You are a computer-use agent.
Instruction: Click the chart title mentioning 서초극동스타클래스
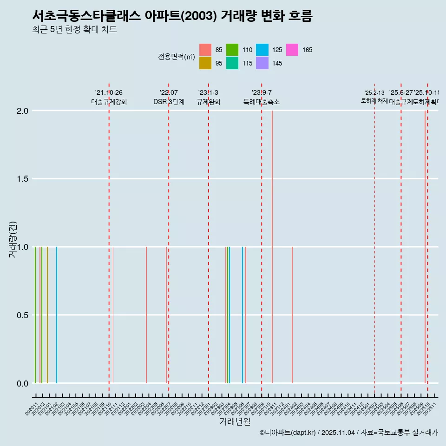pyautogui.click(x=172, y=16)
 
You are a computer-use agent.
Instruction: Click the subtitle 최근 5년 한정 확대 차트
pyautogui.click(x=74, y=30)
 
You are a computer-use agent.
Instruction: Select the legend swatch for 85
pyautogui.click(x=205, y=50)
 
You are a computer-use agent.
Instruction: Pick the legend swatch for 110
pyautogui.click(x=232, y=50)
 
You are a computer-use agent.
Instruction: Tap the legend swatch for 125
pyautogui.click(x=262, y=50)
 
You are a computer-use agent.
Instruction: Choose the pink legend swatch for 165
pyautogui.click(x=292, y=50)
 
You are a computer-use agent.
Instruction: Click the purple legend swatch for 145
pyautogui.click(x=262, y=63)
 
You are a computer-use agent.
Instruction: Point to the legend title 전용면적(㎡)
pyautogui.click(x=177, y=57)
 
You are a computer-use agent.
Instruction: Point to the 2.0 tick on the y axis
pyautogui.click(x=23, y=111)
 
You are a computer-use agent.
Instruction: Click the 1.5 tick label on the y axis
pyautogui.click(x=23, y=179)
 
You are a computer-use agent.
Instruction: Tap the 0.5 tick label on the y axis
pyautogui.click(x=23, y=315)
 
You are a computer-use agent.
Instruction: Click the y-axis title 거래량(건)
pyautogui.click(x=13, y=240)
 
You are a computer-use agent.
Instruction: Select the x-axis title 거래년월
pyautogui.click(x=235, y=421)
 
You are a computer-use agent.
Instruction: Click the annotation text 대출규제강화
pyautogui.click(x=109, y=102)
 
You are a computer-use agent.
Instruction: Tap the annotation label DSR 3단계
pyautogui.click(x=169, y=102)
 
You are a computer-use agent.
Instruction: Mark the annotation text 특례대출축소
pyautogui.click(x=262, y=102)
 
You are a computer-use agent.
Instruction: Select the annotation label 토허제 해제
pyautogui.click(x=374, y=100)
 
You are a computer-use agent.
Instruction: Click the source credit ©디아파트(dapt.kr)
pyautogui.click(x=288, y=433)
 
